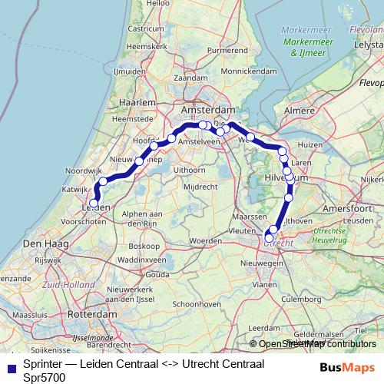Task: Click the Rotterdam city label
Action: point(92,315)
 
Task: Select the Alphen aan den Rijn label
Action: point(134,217)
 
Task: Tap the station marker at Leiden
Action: point(94,204)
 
